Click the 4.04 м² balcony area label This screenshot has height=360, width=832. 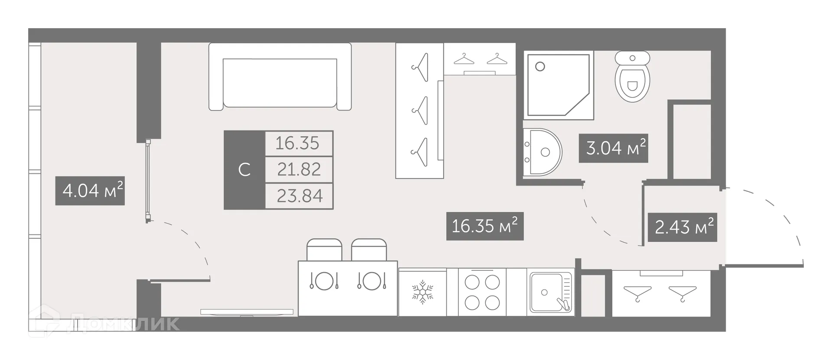click(x=90, y=191)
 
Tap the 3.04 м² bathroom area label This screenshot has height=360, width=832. click(x=613, y=148)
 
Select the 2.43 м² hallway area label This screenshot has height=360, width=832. click(x=682, y=227)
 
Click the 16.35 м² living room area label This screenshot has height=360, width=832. click(x=484, y=226)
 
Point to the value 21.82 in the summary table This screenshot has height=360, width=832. click(x=299, y=169)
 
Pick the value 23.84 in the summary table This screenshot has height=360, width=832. click(x=299, y=196)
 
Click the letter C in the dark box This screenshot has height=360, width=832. click(x=244, y=170)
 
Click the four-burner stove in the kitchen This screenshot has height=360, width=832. click(x=482, y=292)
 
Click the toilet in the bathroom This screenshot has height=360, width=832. click(x=633, y=77)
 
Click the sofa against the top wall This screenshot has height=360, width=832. click(x=279, y=77)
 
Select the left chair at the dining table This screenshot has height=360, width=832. click(x=324, y=250)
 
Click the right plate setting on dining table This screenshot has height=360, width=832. click(x=372, y=281)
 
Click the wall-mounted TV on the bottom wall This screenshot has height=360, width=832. click(x=247, y=312)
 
